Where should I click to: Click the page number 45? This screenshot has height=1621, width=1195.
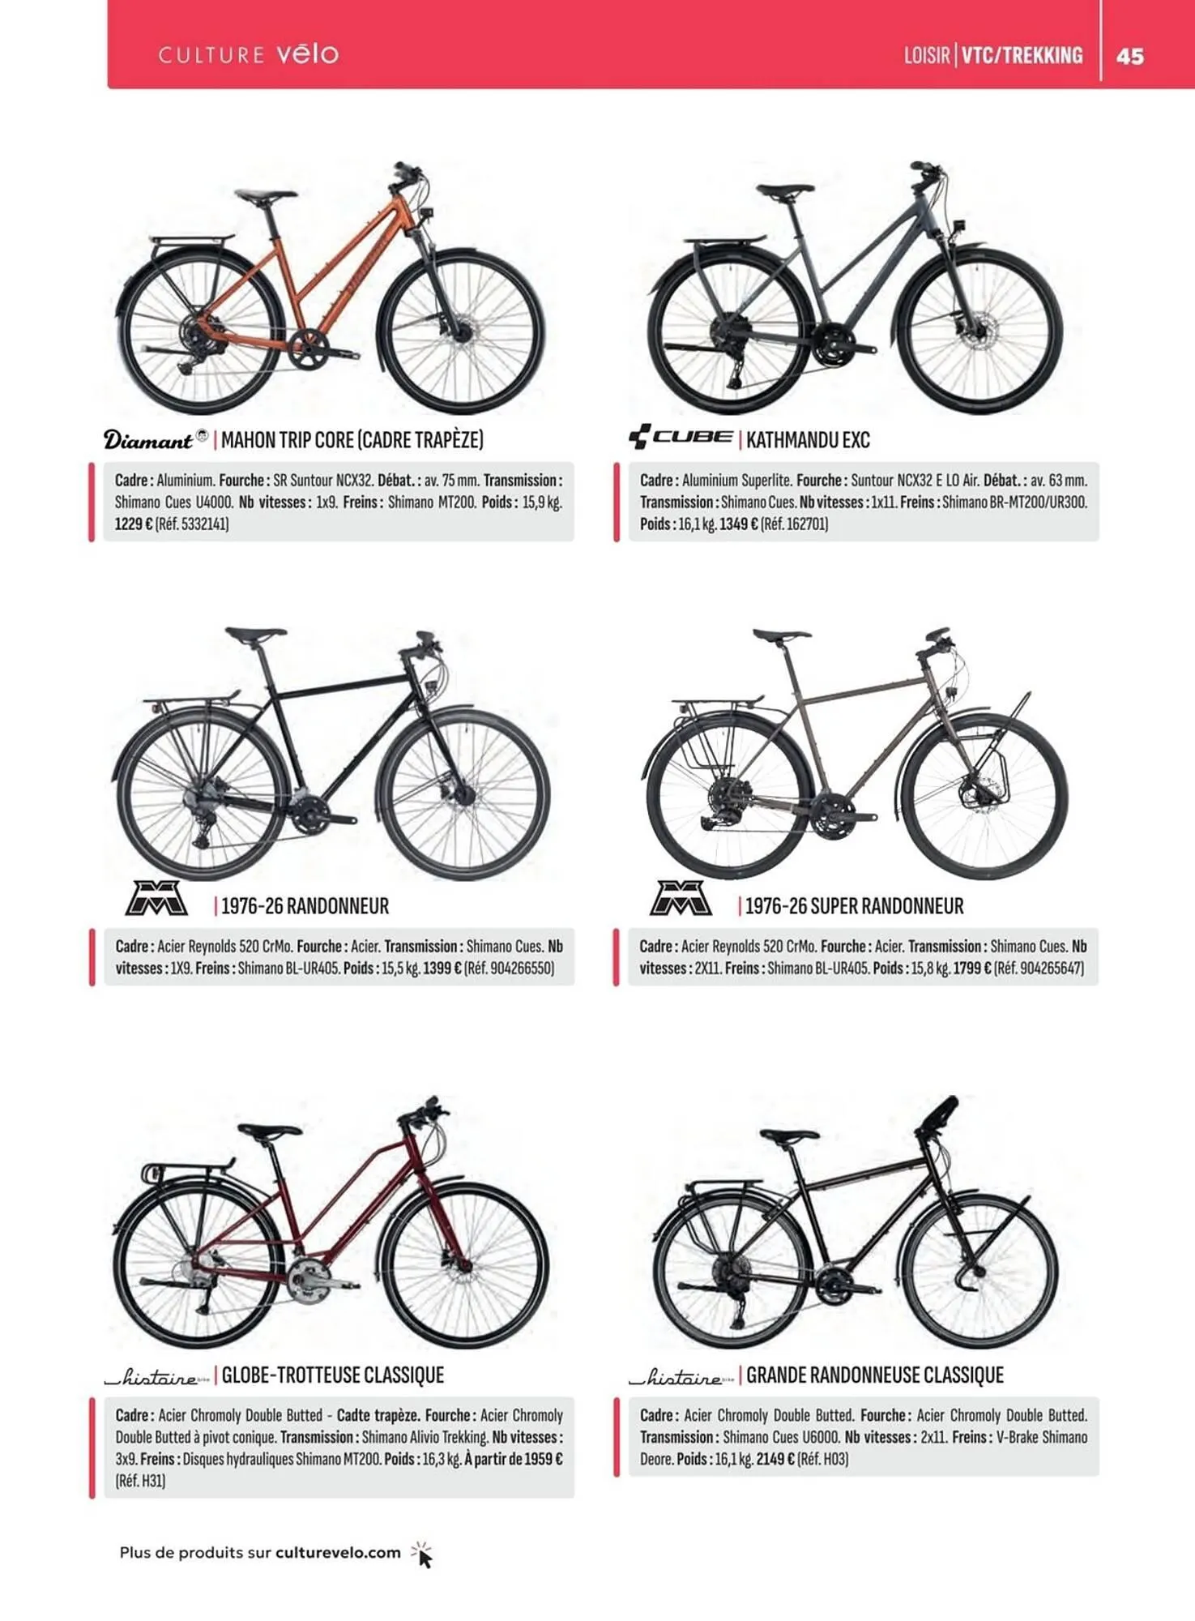[x=1129, y=56]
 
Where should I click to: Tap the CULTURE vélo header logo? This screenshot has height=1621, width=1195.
[x=248, y=54]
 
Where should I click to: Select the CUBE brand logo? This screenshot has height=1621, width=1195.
[x=681, y=437]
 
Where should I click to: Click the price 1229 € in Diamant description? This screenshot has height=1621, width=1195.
[x=133, y=524]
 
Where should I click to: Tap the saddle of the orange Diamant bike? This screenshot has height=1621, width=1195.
[x=265, y=196]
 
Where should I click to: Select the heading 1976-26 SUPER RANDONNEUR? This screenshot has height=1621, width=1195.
[x=854, y=906]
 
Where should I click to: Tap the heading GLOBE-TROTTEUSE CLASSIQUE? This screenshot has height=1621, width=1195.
[x=333, y=1375]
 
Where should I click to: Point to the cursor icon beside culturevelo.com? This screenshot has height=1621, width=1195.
[x=422, y=1555]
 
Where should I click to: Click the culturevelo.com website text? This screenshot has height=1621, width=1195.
[x=338, y=1553]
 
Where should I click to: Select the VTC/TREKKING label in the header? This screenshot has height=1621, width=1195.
[x=1022, y=55]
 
